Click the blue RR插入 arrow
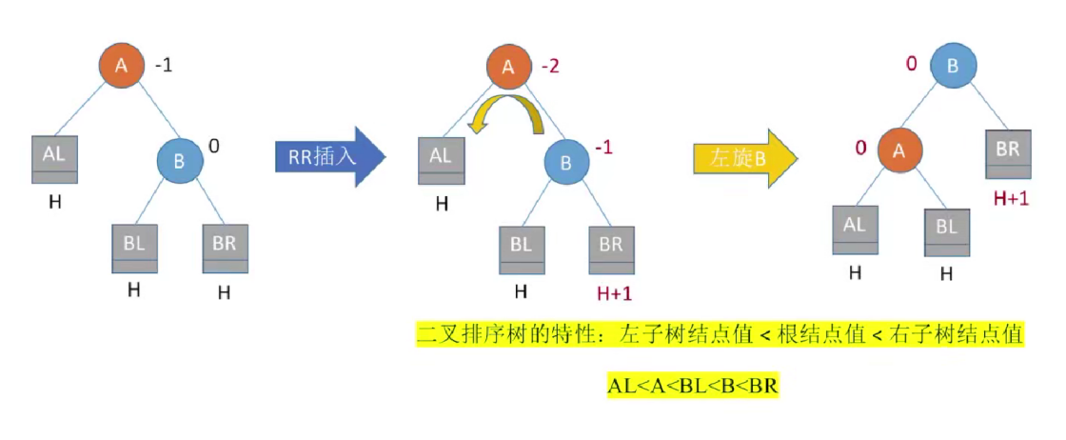click(x=328, y=156)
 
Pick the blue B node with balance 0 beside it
click(x=181, y=160)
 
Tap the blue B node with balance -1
click(x=567, y=163)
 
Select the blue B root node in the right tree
click(x=951, y=66)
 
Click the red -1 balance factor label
click(x=604, y=148)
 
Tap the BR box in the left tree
click(x=225, y=249)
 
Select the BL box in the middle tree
click(x=521, y=249)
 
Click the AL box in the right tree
click(x=855, y=230)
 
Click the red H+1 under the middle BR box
click(x=613, y=293)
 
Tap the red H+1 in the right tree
click(x=1012, y=198)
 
